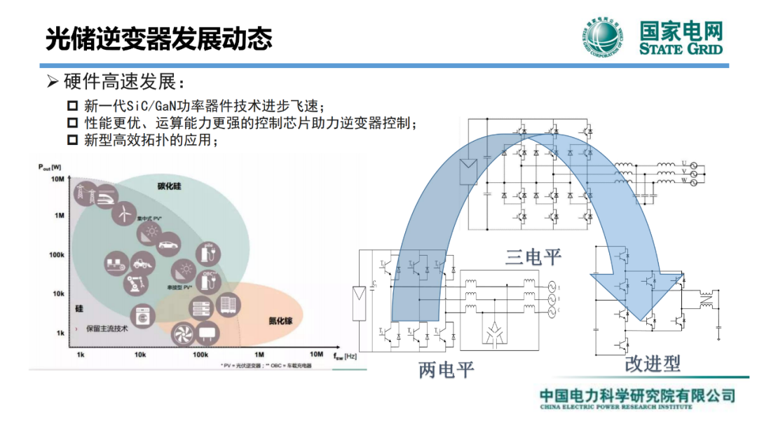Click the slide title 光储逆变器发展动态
(158, 39)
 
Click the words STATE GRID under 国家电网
(681, 49)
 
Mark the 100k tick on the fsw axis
(200, 355)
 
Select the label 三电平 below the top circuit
(533, 257)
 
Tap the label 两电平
(446, 370)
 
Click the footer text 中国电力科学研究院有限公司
(636, 395)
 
